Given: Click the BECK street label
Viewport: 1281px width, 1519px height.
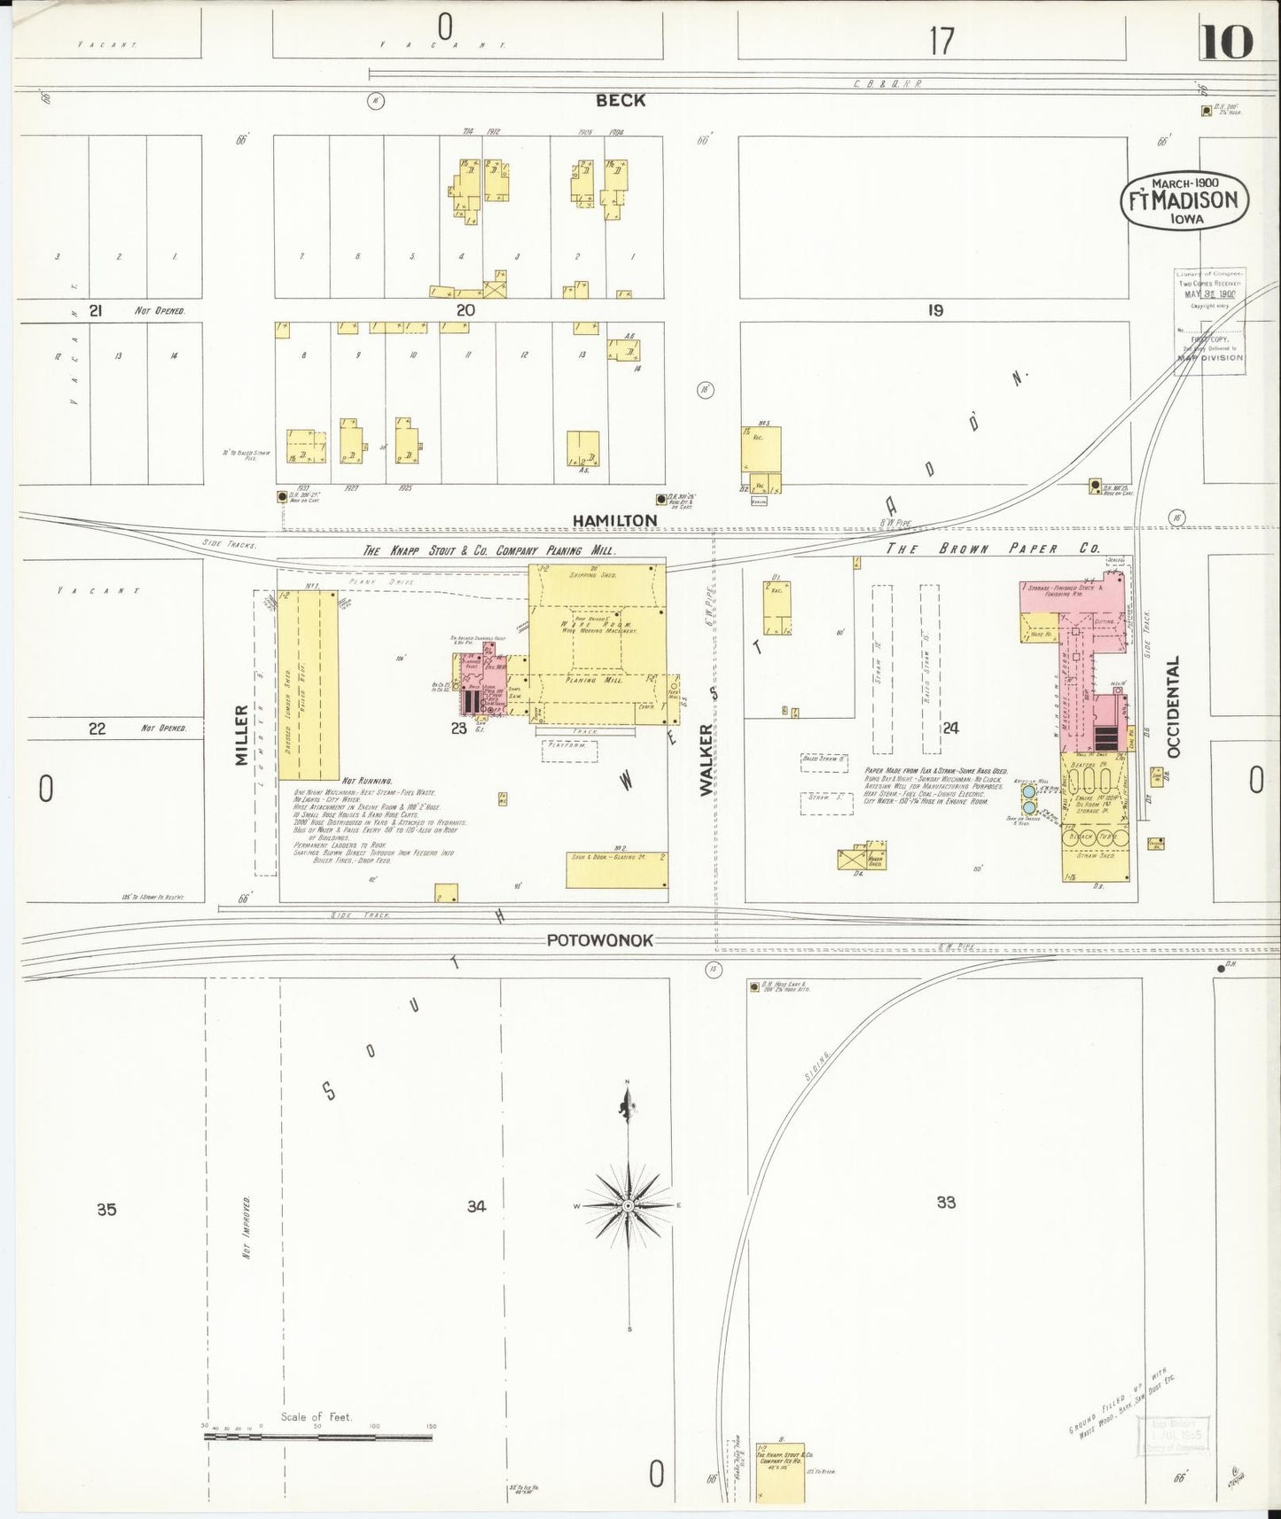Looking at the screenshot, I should tap(621, 100).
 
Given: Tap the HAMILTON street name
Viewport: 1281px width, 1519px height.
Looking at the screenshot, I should tap(614, 520).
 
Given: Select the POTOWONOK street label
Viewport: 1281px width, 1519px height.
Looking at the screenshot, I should tap(599, 940).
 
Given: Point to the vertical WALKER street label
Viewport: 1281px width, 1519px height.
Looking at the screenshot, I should tap(707, 759).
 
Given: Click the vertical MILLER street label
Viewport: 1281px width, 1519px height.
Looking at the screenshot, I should tap(241, 735).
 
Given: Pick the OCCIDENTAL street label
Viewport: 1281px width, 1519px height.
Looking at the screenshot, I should tap(1175, 706).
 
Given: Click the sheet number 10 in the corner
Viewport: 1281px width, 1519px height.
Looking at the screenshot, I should tap(1227, 42).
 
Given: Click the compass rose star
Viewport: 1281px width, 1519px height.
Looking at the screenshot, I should tap(628, 1205).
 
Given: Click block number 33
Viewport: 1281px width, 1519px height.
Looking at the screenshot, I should tap(946, 1203).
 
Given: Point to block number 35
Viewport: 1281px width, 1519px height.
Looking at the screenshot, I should tap(106, 1209).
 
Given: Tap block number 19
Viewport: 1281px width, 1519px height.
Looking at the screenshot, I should tap(935, 310).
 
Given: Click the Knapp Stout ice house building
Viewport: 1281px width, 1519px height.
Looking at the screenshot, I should tap(779, 1471).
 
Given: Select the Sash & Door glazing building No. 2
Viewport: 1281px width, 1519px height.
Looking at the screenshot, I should tap(617, 869).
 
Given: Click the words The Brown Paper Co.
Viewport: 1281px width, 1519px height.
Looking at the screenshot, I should tap(993, 549).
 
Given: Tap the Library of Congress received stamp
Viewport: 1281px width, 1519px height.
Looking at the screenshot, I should tap(1210, 321).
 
